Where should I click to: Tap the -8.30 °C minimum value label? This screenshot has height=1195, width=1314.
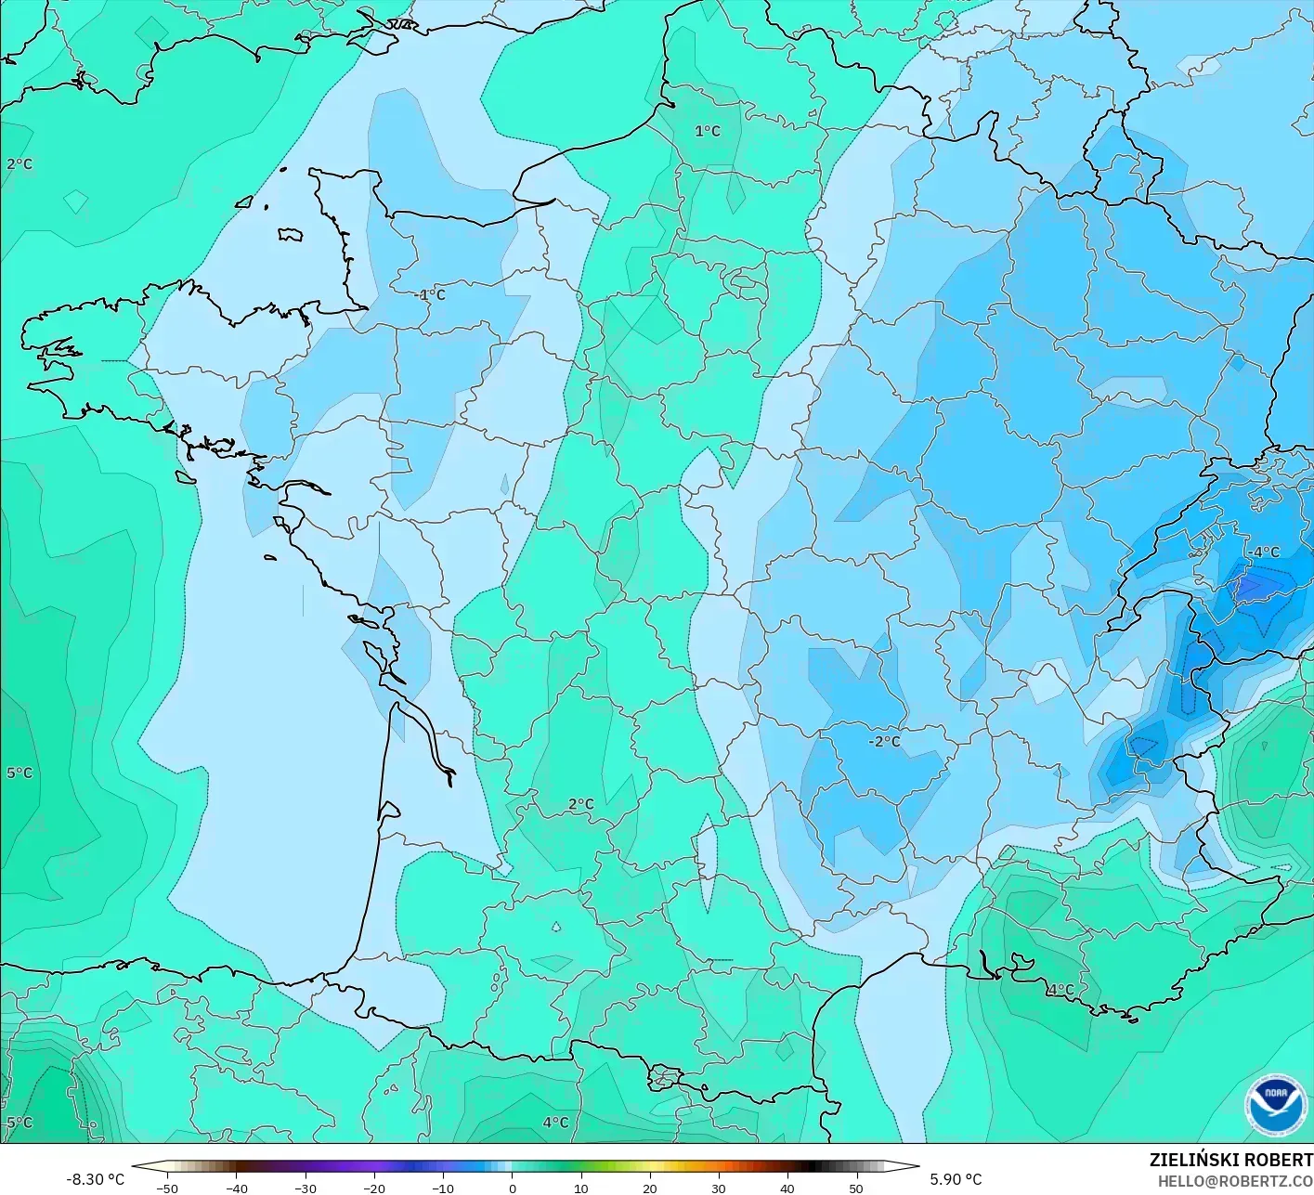(95, 1179)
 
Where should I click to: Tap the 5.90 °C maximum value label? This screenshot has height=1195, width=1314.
(956, 1179)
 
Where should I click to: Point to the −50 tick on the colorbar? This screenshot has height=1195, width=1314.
(167, 1188)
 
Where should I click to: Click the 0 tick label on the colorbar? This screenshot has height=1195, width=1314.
(512, 1188)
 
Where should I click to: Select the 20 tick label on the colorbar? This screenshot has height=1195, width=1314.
(649, 1188)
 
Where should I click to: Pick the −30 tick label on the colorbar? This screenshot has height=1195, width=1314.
(305, 1188)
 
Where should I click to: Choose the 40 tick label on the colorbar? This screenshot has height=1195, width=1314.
(787, 1188)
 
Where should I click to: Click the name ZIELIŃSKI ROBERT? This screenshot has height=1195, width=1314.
(1230, 1160)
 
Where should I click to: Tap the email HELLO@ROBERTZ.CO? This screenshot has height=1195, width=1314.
(1235, 1180)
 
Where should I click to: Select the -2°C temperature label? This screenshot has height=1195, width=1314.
(884, 741)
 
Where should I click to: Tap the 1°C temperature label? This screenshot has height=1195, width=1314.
(708, 131)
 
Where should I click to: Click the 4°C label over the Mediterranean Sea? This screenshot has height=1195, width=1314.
(1060, 990)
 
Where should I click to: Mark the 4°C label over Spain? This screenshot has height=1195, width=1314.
(555, 1123)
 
